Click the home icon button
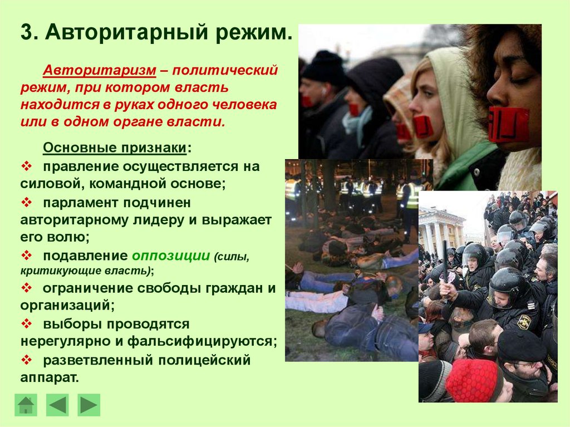26,405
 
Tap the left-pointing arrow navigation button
57,405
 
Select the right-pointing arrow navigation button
89,405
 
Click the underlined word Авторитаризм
100,70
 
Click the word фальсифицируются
200,341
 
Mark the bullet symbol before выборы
27,323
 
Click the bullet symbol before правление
27,166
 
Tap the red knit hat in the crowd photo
472,380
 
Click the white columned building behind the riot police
442,227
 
